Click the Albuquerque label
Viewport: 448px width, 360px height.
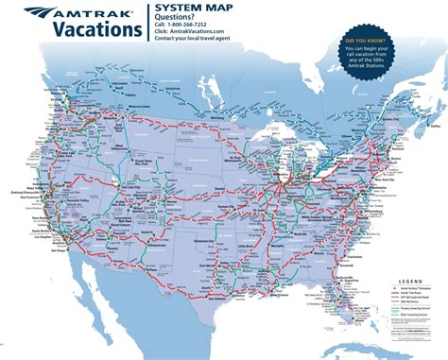coord(150,244)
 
